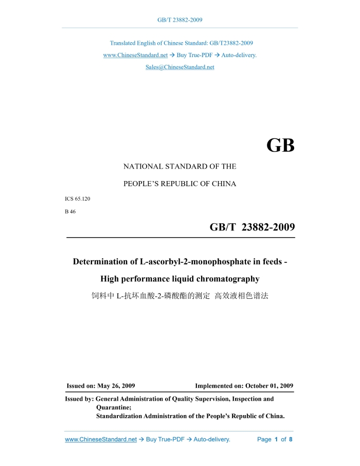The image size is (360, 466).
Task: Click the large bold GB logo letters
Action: pos(280,146)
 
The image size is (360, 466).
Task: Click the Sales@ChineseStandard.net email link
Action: pos(179,67)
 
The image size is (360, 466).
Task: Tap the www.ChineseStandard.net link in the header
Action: pos(135,55)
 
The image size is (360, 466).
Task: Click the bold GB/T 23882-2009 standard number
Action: pos(252,227)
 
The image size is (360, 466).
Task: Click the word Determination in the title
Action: pos(105,262)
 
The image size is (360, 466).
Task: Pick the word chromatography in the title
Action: pos(220,279)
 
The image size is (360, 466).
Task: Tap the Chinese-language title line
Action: pos(180,297)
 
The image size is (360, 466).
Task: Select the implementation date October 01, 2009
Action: pos(269,386)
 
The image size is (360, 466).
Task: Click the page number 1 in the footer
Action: pos(276,439)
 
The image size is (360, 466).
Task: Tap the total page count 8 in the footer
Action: pos(291,439)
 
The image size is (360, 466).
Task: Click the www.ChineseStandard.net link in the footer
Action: pos(101,439)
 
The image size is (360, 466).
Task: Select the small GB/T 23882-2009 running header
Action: pos(179,20)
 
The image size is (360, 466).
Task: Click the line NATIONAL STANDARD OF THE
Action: pos(179,167)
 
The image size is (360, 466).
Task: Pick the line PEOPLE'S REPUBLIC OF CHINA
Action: pos(179,184)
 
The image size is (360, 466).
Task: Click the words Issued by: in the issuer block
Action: pos(79,399)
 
